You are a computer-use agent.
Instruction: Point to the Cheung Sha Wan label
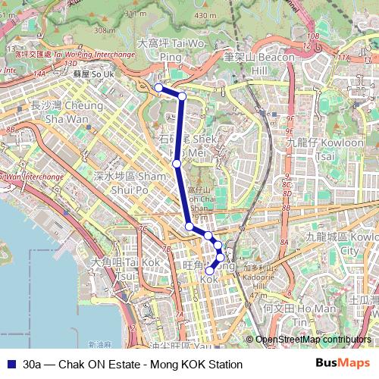(58, 113)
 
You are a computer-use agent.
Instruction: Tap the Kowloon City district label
(340, 243)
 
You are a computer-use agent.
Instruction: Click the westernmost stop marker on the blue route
(158, 88)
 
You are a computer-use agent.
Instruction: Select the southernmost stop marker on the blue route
(210, 271)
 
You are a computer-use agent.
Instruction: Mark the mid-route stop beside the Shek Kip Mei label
(177, 163)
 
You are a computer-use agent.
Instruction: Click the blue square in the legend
(9, 364)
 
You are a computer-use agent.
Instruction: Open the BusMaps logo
(342, 363)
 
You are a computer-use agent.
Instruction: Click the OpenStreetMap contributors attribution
(312, 340)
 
